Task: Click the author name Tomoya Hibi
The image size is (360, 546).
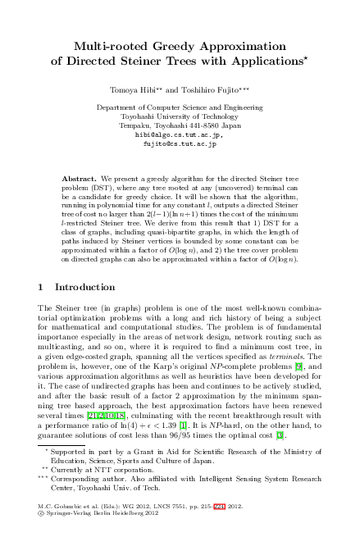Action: [x=132, y=86]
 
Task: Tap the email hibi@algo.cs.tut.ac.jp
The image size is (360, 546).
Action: [x=179, y=134]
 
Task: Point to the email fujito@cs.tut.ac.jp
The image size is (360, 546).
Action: [x=179, y=142]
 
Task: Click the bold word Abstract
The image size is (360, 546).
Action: [x=80, y=177]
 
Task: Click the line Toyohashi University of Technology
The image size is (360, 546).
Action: [x=179, y=116]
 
